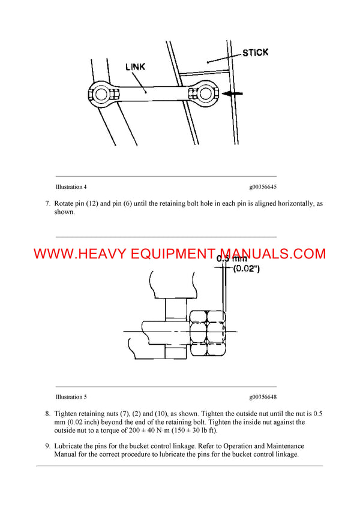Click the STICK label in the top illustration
click(x=256, y=53)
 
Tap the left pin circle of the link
click(x=98, y=93)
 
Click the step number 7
click(x=47, y=203)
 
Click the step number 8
click(x=47, y=414)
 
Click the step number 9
click(x=47, y=446)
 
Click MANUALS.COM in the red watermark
click(x=273, y=254)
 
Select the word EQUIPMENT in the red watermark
click(x=167, y=254)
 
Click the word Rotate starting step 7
click(x=65, y=203)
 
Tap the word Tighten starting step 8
click(x=67, y=414)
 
